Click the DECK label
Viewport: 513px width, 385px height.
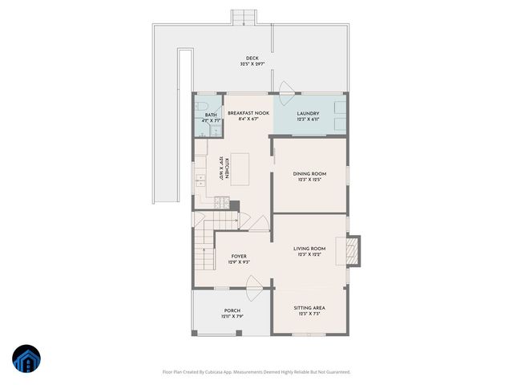tap(252, 59)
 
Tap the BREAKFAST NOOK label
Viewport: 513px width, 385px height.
tap(248, 114)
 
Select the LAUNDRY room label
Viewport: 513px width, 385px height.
tap(308, 114)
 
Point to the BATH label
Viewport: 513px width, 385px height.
tap(211, 115)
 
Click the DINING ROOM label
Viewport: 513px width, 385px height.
tap(309, 174)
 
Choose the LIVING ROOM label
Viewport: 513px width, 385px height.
tap(311, 249)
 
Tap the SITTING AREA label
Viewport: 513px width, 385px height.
tap(309, 308)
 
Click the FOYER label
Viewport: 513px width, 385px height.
tap(239, 256)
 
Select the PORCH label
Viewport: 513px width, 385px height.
tap(232, 310)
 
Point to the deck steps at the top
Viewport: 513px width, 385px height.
tap(242, 17)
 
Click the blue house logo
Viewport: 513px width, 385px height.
tap(26, 359)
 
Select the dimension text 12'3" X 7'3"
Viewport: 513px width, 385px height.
tap(309, 314)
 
